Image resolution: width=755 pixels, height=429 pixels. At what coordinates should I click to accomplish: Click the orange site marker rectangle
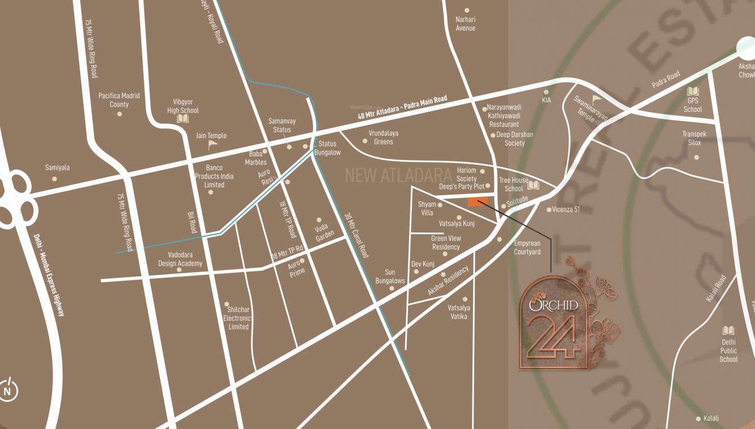478,202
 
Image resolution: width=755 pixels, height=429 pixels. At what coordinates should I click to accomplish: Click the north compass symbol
8,391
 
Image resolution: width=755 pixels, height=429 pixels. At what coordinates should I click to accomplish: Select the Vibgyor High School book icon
183,119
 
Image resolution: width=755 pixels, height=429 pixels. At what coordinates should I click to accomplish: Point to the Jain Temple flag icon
212,145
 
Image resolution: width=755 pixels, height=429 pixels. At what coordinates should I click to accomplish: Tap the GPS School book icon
692,92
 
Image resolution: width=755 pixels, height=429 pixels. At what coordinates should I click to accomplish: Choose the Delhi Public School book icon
728,331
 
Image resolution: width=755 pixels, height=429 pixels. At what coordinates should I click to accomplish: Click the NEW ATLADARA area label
398,175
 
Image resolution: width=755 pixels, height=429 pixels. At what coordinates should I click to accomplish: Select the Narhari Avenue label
466,24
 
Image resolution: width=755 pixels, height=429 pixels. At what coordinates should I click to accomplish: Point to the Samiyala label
57,168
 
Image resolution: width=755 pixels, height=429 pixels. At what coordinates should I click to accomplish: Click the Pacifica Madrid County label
119,100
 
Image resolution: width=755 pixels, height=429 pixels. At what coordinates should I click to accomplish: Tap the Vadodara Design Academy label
180,259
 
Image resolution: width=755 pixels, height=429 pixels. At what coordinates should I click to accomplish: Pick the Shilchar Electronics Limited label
238,318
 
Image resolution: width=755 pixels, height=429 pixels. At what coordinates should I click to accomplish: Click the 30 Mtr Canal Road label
357,235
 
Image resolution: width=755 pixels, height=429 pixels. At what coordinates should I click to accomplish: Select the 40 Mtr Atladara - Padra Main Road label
402,107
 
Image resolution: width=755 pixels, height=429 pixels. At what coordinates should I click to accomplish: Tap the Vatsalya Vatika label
458,312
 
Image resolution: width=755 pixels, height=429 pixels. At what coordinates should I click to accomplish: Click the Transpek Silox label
695,139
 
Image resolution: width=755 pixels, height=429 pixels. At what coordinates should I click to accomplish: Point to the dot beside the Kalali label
698,419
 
